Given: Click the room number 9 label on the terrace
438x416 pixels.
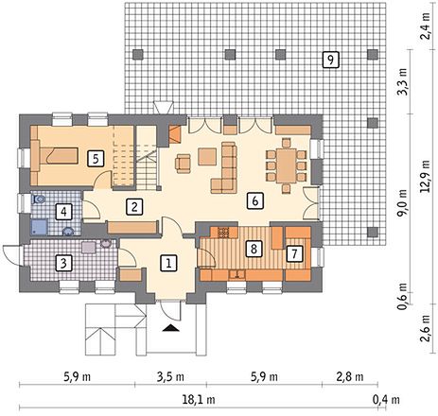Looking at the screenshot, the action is (330, 60).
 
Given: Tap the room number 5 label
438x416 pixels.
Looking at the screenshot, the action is (96, 159).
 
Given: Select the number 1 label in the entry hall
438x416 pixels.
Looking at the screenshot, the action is (168, 263).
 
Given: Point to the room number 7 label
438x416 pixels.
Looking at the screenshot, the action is (294, 253).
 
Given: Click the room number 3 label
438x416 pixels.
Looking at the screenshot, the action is (63, 263).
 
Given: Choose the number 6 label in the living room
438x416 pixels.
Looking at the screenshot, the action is (255, 200).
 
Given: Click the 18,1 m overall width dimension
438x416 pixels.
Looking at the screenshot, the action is (199, 400).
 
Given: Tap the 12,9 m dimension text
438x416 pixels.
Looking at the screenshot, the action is (426, 176).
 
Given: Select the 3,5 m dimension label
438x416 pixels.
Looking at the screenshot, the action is (170, 376).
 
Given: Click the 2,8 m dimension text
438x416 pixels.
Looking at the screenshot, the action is (350, 376).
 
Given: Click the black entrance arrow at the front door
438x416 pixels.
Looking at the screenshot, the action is (171, 328).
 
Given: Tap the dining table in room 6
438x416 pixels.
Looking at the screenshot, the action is (287, 165).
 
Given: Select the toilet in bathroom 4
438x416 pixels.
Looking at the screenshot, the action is (39, 199).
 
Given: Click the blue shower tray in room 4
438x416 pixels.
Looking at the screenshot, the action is (40, 228).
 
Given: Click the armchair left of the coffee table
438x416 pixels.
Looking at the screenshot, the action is (183, 164).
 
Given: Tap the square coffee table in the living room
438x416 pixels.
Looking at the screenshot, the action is (207, 157).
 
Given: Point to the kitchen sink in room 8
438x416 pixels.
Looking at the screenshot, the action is (237, 275).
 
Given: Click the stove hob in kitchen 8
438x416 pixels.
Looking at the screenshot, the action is (223, 233).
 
